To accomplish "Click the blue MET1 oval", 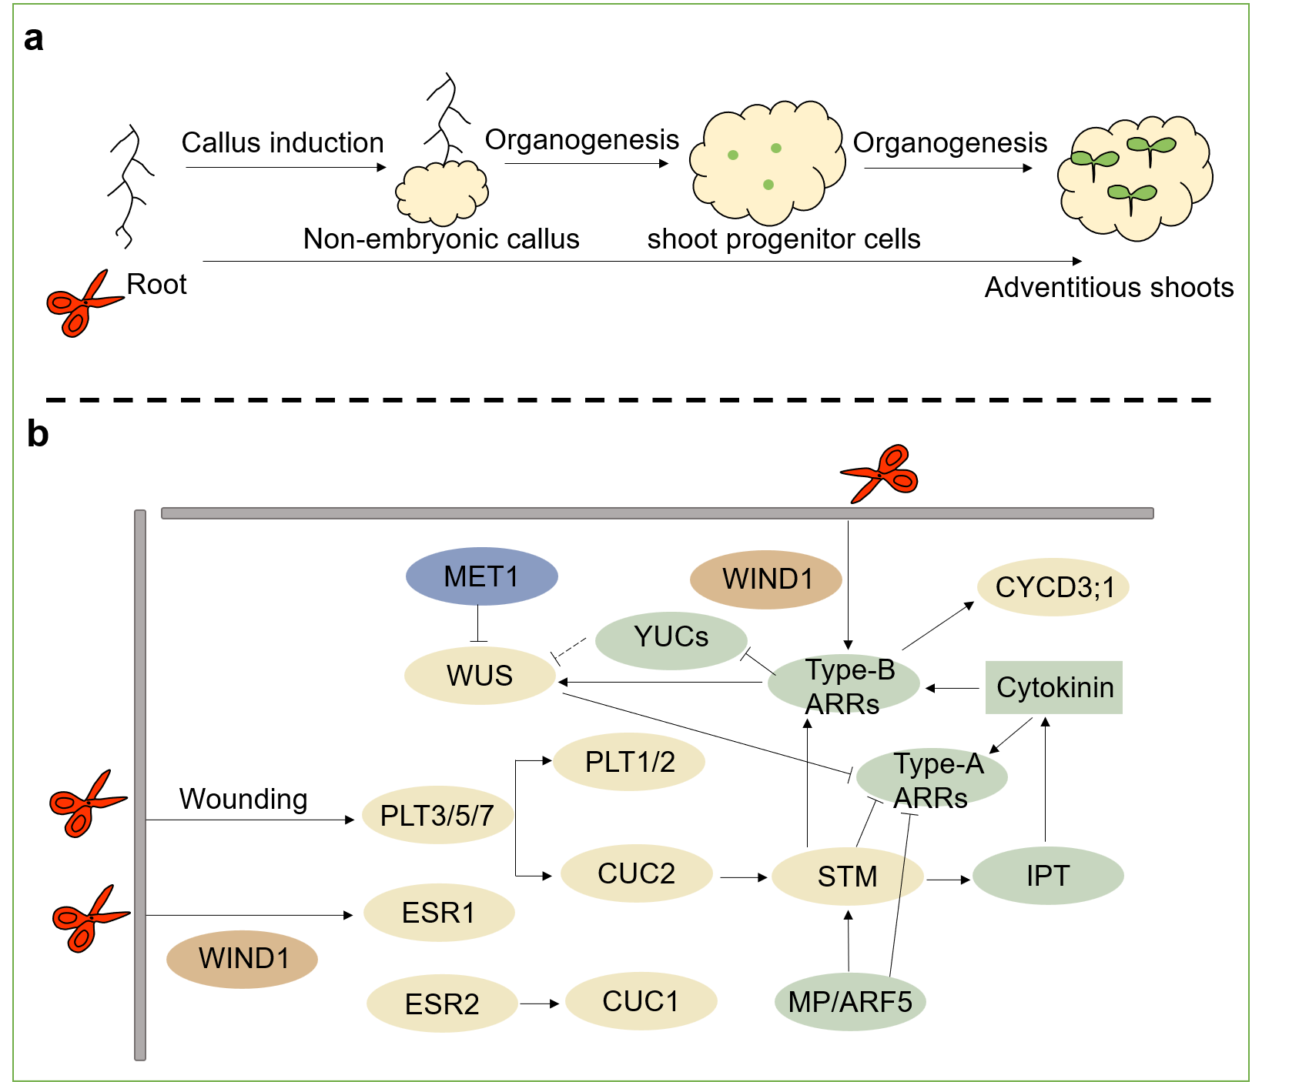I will click(x=481, y=576).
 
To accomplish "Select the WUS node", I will click(x=480, y=676).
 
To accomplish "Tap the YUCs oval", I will click(x=671, y=638).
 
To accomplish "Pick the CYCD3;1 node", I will click(x=1053, y=587).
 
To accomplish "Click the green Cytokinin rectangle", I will click(x=1054, y=687).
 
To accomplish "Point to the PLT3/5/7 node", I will click(x=437, y=816).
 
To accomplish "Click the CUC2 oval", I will click(x=636, y=873).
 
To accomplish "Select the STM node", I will click(x=847, y=876).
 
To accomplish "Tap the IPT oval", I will click(x=1048, y=876).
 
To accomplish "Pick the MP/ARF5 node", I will click(x=850, y=1002).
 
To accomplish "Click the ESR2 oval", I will click(x=442, y=1004).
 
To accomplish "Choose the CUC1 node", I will click(x=641, y=1001).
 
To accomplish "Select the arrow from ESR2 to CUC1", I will click(x=540, y=1004).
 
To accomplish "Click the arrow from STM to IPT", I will click(x=948, y=879).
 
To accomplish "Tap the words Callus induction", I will click(x=283, y=143).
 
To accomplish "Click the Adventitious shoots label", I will click(x=1109, y=288).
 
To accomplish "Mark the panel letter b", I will click(x=37, y=434).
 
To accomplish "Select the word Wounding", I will click(x=243, y=799).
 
